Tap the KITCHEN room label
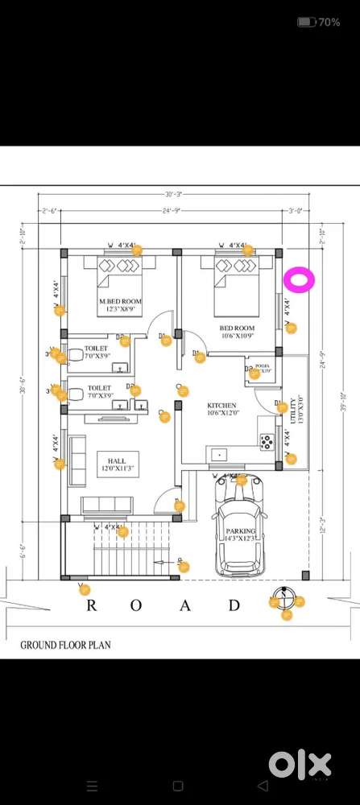222,405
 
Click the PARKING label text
241,531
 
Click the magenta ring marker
299,280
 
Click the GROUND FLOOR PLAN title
65,645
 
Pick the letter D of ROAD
234,605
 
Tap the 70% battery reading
329,23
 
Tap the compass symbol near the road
277,600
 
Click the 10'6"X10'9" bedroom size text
238,337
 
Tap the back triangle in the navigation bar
263,785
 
